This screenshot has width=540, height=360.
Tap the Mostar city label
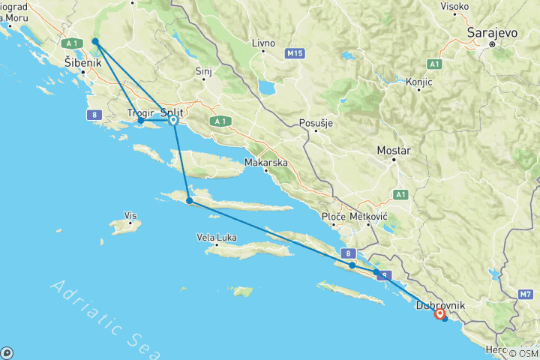394,151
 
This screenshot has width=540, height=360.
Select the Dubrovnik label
440,305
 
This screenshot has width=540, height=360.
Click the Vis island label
131,216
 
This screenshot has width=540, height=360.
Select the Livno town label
263,43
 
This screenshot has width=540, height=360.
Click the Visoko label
454,7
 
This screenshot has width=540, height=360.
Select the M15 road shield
295,54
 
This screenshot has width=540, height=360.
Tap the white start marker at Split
173,120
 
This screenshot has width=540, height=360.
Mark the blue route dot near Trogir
141,121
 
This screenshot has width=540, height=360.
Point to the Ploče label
333,216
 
